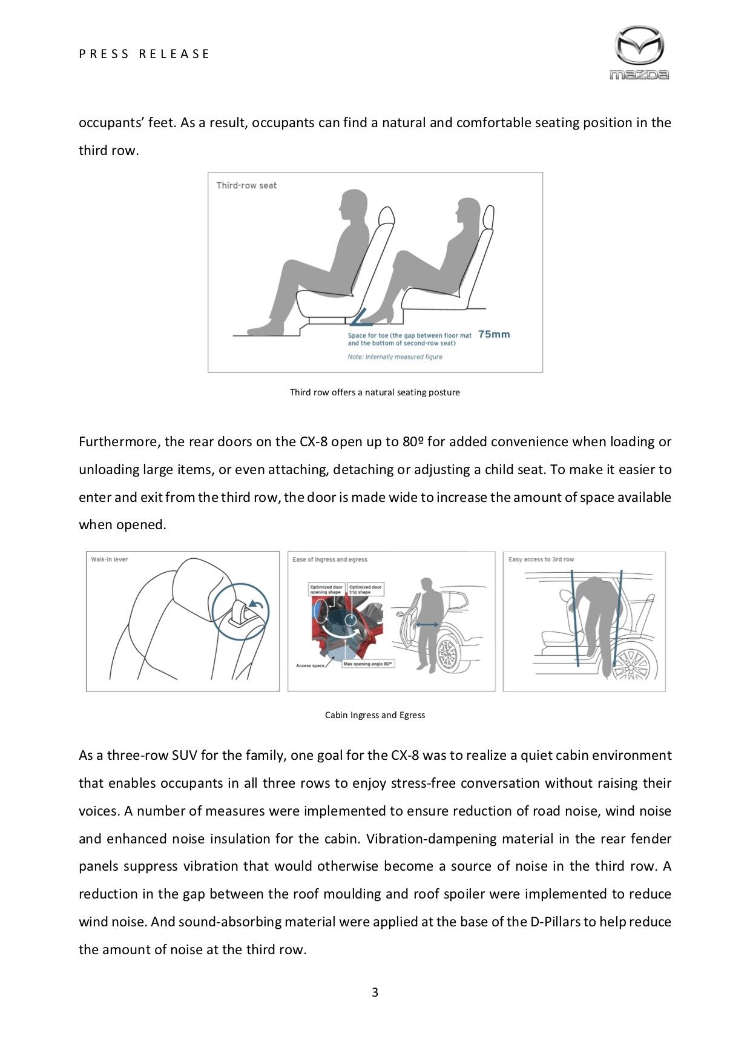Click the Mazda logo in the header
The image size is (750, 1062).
[x=639, y=53]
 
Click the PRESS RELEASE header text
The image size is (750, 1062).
[x=144, y=54]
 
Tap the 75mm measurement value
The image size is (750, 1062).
[x=494, y=334]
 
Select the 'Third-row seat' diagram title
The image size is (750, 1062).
[x=246, y=185]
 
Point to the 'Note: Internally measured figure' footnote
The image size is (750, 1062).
[x=395, y=357]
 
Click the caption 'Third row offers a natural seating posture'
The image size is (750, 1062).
[x=375, y=392]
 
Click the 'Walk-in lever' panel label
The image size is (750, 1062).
[x=110, y=559]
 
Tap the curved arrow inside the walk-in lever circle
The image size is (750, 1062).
[x=255, y=604]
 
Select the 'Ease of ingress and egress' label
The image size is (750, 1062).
[x=330, y=559]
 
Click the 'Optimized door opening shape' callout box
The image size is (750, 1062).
[x=326, y=589]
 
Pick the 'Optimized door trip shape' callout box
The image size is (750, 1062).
[x=366, y=589]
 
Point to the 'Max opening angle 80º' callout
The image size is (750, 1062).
[x=368, y=664]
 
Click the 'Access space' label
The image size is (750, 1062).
[x=310, y=665]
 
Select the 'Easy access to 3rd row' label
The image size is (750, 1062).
[x=541, y=559]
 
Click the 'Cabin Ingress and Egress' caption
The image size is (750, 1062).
[x=375, y=715]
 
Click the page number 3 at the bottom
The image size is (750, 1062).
[x=375, y=992]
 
